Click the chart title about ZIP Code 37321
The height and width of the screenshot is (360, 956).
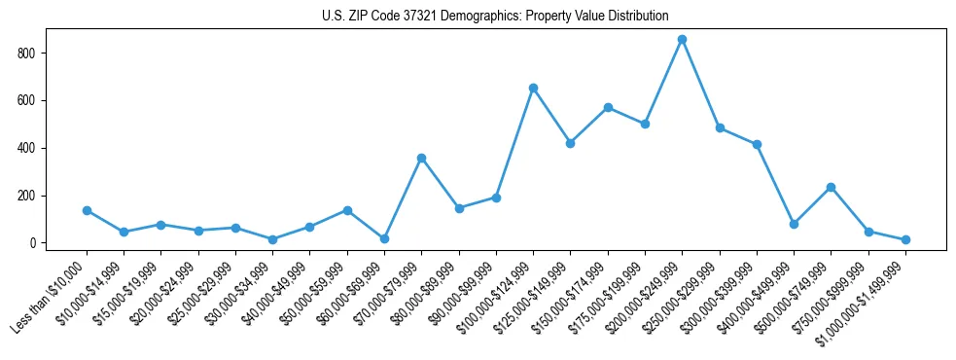coord(495,16)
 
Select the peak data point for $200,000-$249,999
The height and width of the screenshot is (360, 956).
coord(683,39)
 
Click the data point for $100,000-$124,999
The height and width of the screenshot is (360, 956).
coord(533,88)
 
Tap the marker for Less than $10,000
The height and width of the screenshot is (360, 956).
coord(87,210)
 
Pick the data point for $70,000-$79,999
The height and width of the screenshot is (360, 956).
coord(421,158)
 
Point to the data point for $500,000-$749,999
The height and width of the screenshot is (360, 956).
coord(831,187)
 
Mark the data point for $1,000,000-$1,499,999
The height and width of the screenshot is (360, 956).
coord(905,239)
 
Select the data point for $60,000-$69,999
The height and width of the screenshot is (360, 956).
coord(384,238)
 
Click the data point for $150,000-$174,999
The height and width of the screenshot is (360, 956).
coord(608,107)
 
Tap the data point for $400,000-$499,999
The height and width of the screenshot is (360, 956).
coord(794,224)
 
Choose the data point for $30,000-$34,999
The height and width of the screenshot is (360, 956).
coord(272,239)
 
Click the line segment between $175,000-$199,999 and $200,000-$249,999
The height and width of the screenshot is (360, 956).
coord(664,82)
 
